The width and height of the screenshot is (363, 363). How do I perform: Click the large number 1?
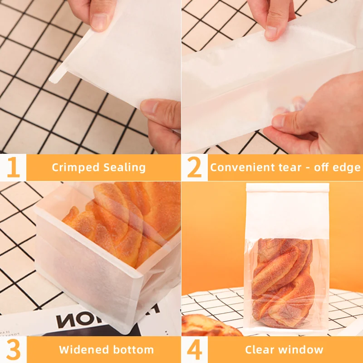pos(13,167)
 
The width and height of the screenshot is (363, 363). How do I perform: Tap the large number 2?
pos(195,167)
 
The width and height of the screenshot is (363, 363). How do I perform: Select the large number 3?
pos(14,349)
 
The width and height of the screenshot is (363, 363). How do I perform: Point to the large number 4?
pos(195,349)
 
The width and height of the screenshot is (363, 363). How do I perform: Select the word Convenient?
pos(242,167)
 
